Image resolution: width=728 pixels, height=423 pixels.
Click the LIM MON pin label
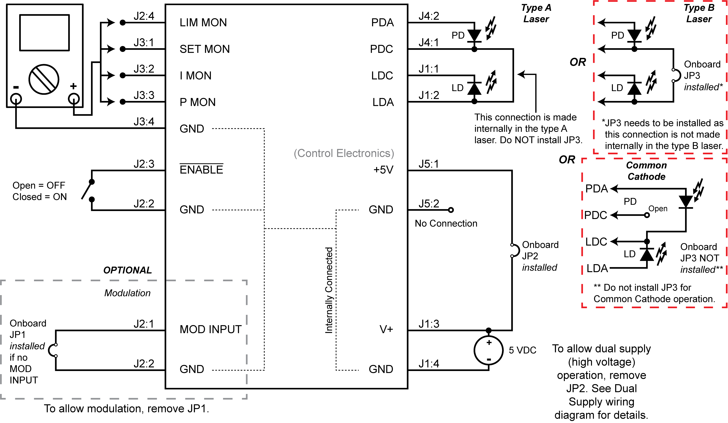click(203, 23)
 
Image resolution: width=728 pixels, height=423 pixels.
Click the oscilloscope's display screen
click(44, 33)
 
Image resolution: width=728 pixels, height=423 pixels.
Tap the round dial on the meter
click(44, 79)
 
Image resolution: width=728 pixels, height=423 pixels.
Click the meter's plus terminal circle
click(74, 99)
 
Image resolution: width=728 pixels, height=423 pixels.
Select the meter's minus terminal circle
click(16, 99)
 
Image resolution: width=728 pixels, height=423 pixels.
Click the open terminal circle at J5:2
click(451, 210)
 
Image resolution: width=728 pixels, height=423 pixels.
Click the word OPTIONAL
click(127, 270)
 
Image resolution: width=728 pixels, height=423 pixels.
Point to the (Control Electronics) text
click(344, 153)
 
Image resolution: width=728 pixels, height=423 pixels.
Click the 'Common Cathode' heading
click(646, 171)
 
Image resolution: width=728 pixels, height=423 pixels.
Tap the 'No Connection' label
click(446, 223)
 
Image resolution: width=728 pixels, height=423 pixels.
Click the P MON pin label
click(198, 102)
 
